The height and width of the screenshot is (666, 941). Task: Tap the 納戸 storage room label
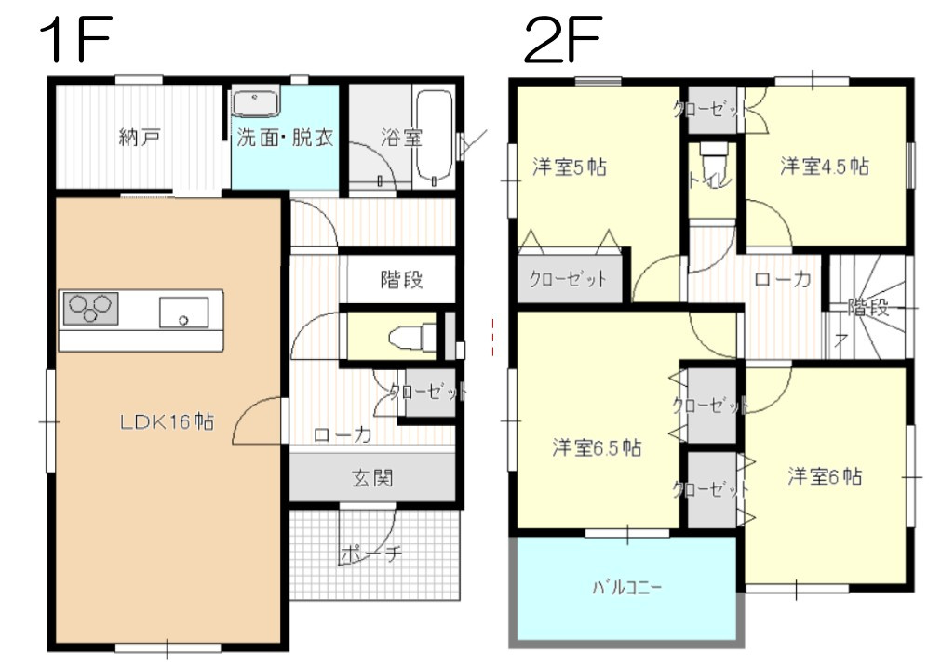coord(140,139)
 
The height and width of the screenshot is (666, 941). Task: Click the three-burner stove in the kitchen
coord(90,308)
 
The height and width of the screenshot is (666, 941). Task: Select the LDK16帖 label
coord(167,421)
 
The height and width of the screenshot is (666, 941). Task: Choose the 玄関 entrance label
coord(372,479)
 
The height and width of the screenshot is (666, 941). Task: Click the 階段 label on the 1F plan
coord(402,279)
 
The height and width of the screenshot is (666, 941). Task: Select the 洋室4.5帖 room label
coord(824,166)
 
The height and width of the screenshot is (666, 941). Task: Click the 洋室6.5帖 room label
coord(596,447)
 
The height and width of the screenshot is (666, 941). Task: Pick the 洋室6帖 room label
coord(824,477)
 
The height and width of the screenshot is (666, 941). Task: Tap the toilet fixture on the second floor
coord(713,154)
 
